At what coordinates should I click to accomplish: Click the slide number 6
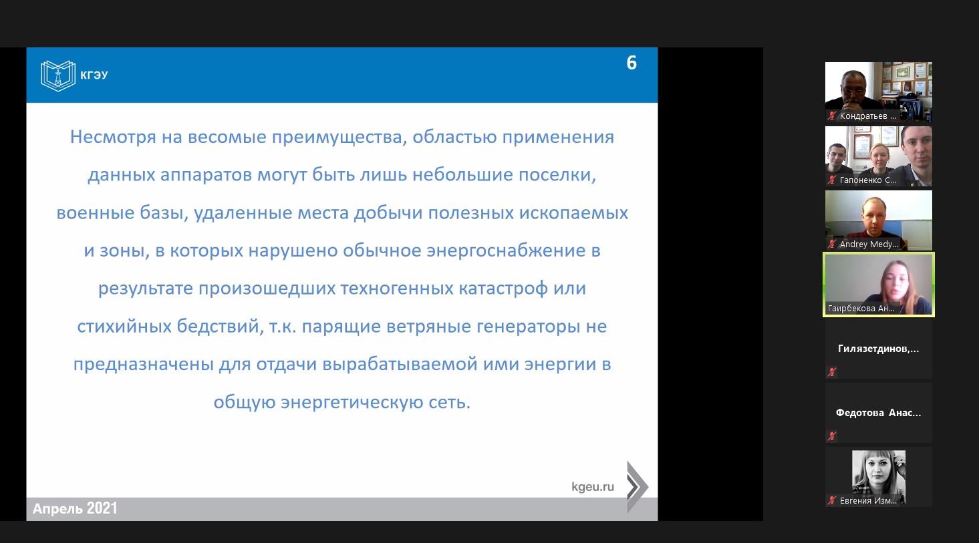click(632, 63)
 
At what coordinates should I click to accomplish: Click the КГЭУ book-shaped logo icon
click(57, 75)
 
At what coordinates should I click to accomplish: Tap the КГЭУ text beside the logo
click(94, 75)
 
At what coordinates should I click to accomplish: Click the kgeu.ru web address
click(593, 487)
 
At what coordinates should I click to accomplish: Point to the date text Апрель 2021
click(75, 508)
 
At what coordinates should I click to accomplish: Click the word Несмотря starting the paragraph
click(113, 137)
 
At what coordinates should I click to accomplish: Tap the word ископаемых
click(573, 213)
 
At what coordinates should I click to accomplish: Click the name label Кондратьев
click(868, 116)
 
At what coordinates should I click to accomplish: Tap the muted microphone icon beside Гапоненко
click(832, 180)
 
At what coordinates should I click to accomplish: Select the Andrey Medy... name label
click(869, 244)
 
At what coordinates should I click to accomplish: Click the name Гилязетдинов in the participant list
click(879, 349)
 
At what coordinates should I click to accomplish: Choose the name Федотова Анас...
click(879, 413)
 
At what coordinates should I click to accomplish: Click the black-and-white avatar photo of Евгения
click(879, 477)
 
